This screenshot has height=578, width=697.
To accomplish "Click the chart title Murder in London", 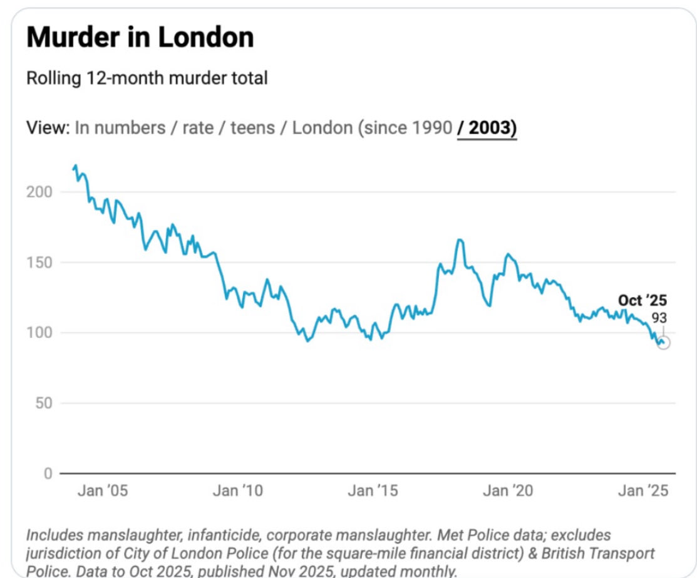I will pos(140,38).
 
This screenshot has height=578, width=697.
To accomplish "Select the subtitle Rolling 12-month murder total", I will pos(147,78).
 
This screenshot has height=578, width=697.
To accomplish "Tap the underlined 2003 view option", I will pos(487,128).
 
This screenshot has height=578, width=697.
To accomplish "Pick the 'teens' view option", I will pos(252,128).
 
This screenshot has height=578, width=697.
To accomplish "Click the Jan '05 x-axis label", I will pos(102,491).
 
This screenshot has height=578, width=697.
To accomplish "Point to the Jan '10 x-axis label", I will pos(237,491).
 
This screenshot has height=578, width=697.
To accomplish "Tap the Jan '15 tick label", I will pos(373,491).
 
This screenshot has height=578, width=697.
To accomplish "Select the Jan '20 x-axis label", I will pos(508,491).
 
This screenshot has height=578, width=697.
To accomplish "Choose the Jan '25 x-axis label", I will pos(643,491).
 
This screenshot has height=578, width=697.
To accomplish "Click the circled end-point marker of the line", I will pos(663,342).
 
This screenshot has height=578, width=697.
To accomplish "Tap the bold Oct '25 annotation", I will pos(642,301).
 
